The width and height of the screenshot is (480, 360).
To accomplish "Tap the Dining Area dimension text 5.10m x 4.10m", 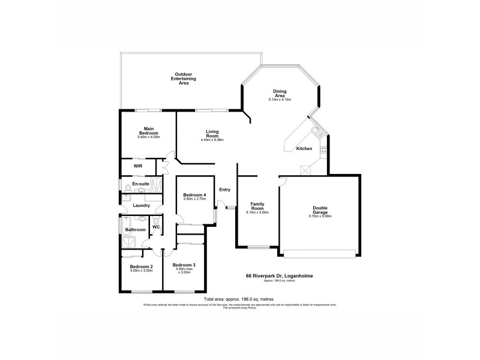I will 280,99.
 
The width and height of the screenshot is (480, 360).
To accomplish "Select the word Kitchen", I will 304,148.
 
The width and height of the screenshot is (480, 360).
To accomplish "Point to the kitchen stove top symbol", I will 323,149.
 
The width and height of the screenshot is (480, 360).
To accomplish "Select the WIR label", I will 137,165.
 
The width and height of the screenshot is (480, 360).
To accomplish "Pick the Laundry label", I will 142,205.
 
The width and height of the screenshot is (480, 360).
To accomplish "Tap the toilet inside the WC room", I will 155,220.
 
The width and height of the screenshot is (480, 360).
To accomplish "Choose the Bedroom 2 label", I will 142,266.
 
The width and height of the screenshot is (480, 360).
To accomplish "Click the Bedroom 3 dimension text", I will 184,270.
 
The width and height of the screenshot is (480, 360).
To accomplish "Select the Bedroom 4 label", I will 194,194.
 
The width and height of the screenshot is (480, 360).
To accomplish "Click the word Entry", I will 225,190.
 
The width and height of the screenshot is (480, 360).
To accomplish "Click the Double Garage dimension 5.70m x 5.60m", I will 319,216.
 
